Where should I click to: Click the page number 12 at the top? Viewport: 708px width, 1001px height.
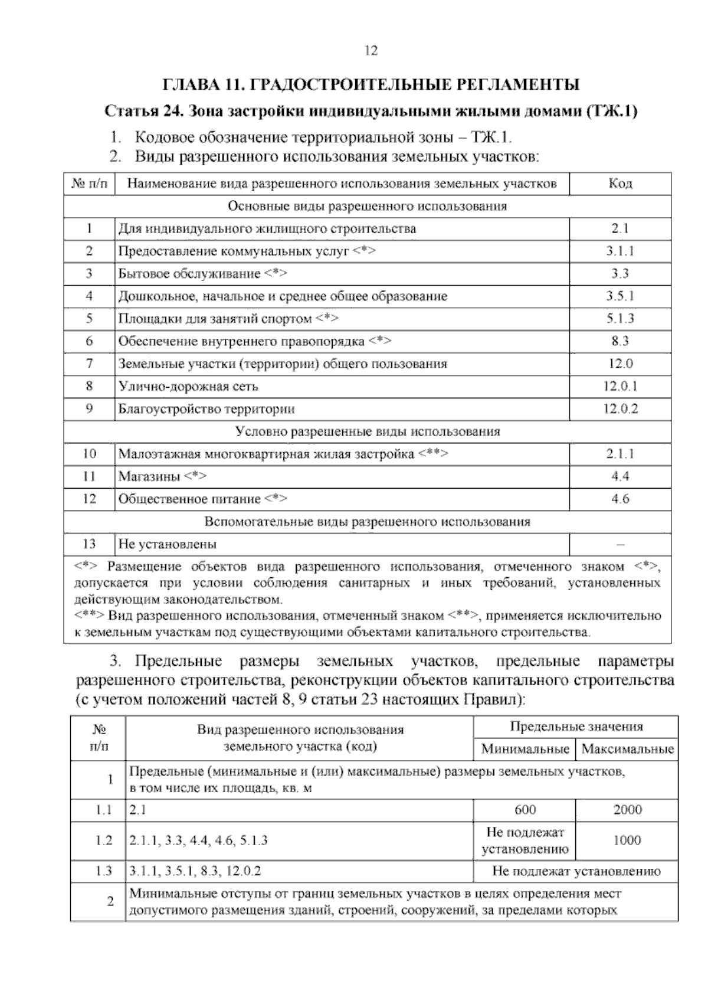pos(371,51)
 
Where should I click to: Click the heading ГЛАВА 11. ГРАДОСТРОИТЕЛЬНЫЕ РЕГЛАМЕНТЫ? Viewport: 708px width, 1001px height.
pos(371,84)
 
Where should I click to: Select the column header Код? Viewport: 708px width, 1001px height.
pos(620,184)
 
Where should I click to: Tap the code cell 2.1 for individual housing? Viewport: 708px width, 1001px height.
pos(620,228)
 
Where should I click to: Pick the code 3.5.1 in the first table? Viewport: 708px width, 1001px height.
pos(620,296)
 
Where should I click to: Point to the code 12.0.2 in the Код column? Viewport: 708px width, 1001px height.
pos(620,409)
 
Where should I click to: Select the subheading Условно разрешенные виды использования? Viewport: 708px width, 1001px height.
pos(367,431)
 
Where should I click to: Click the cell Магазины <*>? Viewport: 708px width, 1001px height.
pos(162,476)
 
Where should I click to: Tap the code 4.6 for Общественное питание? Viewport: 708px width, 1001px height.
pos(620,499)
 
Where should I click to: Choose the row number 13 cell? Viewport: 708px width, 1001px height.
pos(89,544)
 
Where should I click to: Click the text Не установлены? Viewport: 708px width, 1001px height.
pos(168,544)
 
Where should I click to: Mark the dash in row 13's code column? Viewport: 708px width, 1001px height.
pos(620,544)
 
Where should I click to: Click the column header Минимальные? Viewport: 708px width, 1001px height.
pos(525,750)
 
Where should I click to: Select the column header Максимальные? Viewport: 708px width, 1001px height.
pos(627,750)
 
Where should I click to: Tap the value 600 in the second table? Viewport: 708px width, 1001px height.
pos(525,810)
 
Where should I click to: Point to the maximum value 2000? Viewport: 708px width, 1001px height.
pos(627,810)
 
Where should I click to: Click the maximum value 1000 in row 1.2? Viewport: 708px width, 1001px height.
pos(627,840)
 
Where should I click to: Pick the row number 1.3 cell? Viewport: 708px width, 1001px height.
pos(103,871)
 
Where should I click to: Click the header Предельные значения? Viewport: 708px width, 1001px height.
pos(576,727)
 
